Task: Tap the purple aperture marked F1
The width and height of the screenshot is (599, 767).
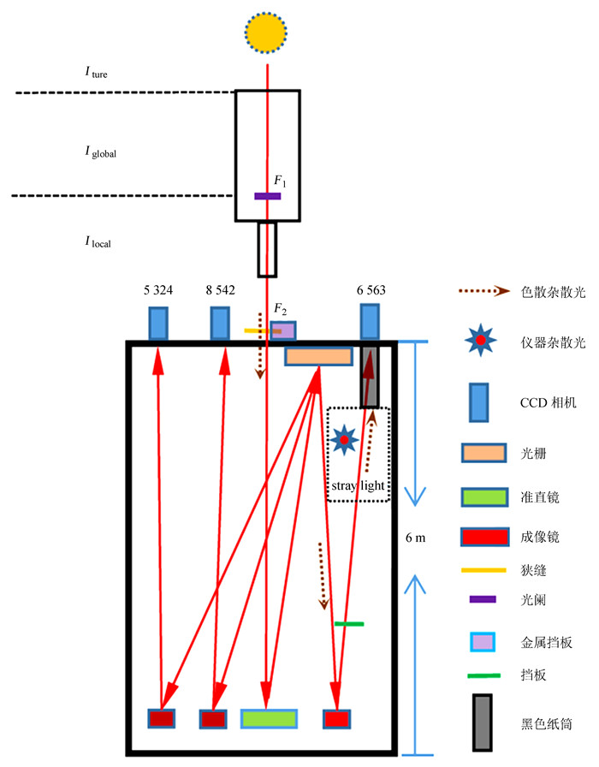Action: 267,196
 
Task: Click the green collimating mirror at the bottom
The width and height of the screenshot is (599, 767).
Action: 269,719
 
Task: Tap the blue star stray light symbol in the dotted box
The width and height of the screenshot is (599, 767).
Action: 344,439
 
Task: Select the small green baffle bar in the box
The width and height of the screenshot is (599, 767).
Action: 349,624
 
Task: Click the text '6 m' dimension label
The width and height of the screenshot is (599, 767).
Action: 415,539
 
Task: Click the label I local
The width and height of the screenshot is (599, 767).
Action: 98,242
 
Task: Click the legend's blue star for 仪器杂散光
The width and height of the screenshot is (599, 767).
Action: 481,341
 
